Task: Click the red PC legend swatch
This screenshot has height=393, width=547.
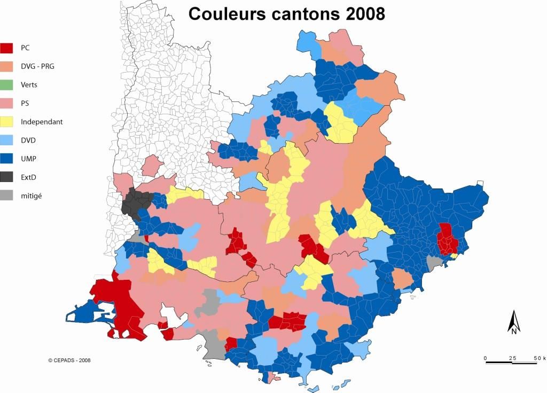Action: (7, 48)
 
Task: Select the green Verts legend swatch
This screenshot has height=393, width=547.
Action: (7, 85)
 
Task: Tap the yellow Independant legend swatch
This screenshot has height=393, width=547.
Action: (7, 122)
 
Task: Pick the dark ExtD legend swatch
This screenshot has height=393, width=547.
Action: (7, 177)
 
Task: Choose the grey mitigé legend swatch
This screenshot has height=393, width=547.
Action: (7, 195)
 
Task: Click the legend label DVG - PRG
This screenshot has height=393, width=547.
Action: (37, 66)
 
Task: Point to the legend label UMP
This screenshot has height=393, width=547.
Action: (28, 159)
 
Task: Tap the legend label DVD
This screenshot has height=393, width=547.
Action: (28, 140)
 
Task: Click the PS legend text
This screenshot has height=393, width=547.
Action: (25, 103)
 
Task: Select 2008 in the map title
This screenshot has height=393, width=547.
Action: (365, 14)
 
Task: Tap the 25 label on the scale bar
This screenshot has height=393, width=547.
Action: (512, 357)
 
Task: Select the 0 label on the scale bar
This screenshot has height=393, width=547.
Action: (485, 357)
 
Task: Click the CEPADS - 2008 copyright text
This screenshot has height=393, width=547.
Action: (69, 360)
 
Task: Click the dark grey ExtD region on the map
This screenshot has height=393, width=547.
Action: (137, 202)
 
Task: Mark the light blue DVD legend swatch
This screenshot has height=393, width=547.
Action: (7, 140)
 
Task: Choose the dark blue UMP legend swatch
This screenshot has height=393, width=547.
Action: (7, 159)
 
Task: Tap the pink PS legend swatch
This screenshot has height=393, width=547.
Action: (7, 103)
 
